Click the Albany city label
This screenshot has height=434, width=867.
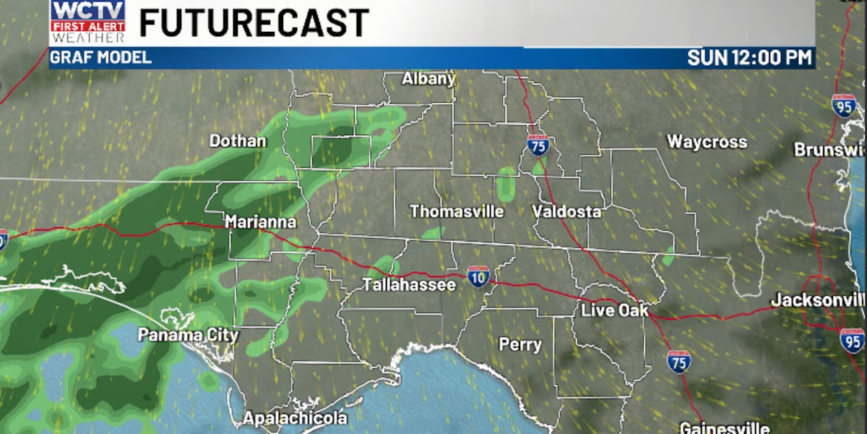[x=428, y=79]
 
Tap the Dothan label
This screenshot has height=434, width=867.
[x=238, y=141]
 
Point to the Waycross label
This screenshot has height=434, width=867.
[x=707, y=142]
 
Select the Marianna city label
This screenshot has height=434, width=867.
[x=260, y=222]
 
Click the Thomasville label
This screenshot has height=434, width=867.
[x=457, y=212]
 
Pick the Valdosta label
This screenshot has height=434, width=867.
[x=566, y=212]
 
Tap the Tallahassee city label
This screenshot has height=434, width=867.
[x=409, y=285]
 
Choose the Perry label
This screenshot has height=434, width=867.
[x=520, y=345]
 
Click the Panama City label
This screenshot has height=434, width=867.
[x=178, y=335]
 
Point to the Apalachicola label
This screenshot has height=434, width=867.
[x=295, y=418]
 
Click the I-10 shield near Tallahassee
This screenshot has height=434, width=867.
[x=478, y=276]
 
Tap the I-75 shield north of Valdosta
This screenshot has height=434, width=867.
[x=538, y=145]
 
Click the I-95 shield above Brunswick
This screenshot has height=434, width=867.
[x=843, y=106]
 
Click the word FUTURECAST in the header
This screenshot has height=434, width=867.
[x=254, y=22]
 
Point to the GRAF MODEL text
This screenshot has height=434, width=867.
[x=100, y=58]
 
